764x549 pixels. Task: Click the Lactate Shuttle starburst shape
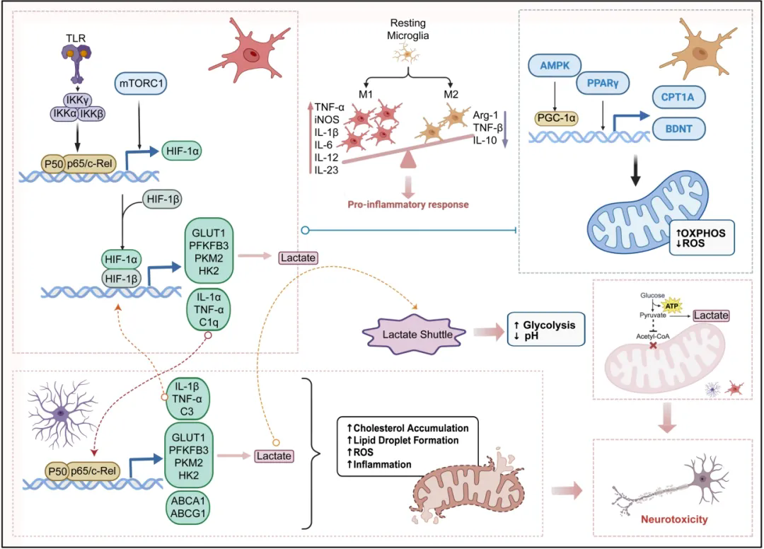[413, 330]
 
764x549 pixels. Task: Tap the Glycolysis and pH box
[546, 328]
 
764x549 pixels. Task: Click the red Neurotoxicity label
[673, 519]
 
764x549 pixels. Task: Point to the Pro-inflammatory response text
[408, 204]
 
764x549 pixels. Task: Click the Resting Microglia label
[407, 30]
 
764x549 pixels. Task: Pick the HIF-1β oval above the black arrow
[162, 200]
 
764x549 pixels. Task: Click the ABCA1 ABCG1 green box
[189, 509]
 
